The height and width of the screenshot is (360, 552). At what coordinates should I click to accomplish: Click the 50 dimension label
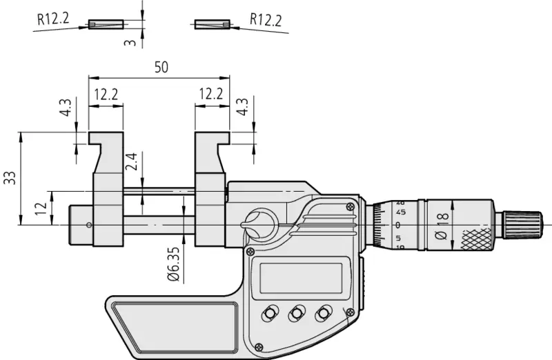[x=161, y=67]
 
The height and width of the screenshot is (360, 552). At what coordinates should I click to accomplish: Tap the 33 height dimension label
[x=10, y=178]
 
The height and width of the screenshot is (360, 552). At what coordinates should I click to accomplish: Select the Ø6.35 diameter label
[x=174, y=265]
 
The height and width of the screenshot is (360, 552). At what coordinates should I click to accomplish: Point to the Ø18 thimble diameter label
[x=442, y=226]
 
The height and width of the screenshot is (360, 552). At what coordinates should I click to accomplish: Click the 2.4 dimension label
[x=131, y=161]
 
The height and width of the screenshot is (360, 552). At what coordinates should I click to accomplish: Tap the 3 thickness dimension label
[x=130, y=43]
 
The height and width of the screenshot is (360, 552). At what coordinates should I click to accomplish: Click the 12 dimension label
[x=41, y=208]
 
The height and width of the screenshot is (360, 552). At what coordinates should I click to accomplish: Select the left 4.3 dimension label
[x=66, y=108]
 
